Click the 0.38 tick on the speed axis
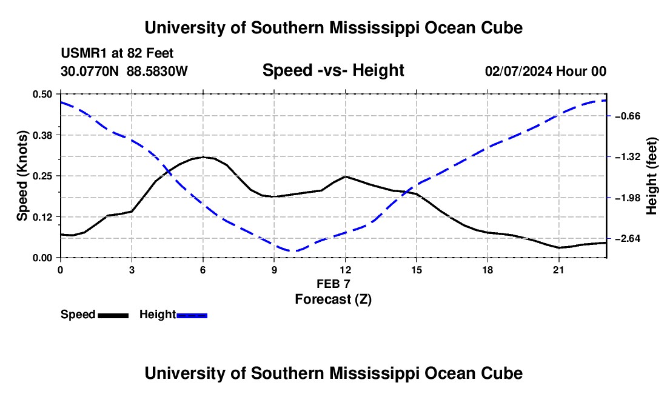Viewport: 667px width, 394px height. (42, 135)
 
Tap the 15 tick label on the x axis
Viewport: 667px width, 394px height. (417, 270)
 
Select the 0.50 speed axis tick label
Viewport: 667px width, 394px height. (42, 95)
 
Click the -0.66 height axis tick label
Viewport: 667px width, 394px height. (628, 116)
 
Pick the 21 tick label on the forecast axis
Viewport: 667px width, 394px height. (558, 270)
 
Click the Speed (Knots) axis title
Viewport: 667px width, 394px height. (22, 176)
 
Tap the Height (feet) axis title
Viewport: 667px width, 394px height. (652, 176)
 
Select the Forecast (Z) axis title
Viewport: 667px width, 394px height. (333, 299)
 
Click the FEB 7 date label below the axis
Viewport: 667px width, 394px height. (333, 284)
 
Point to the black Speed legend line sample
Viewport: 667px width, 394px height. (113, 315)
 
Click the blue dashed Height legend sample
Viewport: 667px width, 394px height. (192, 315)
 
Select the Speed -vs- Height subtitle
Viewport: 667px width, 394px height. (333, 70)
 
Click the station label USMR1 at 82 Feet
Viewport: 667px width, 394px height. (117, 53)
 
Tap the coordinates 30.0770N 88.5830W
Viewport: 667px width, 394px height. (124, 71)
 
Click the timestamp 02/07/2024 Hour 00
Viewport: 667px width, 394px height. (546, 71)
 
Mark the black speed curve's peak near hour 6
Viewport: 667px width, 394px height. (203, 157)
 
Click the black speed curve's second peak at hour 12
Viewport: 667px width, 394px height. (346, 176)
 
